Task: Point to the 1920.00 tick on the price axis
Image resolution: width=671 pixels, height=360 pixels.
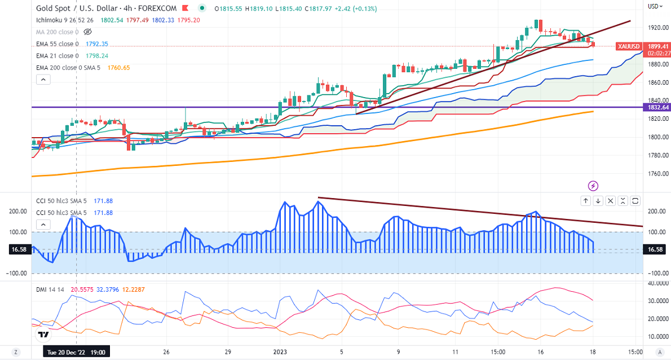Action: click(657, 27)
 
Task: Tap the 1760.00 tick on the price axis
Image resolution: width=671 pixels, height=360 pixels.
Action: click(657, 173)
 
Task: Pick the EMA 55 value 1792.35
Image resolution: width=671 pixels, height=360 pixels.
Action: click(96, 43)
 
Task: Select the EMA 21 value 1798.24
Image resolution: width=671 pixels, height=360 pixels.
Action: click(96, 56)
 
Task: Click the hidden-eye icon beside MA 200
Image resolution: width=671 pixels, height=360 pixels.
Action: click(87, 32)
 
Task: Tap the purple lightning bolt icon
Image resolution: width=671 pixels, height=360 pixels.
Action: click(593, 185)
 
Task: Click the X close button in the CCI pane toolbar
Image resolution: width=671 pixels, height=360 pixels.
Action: click(623, 200)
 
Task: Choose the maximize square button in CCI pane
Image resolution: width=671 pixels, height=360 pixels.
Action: click(635, 200)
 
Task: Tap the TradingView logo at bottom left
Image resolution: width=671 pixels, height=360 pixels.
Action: click(43, 335)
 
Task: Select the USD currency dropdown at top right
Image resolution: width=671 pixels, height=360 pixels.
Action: click(654, 7)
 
